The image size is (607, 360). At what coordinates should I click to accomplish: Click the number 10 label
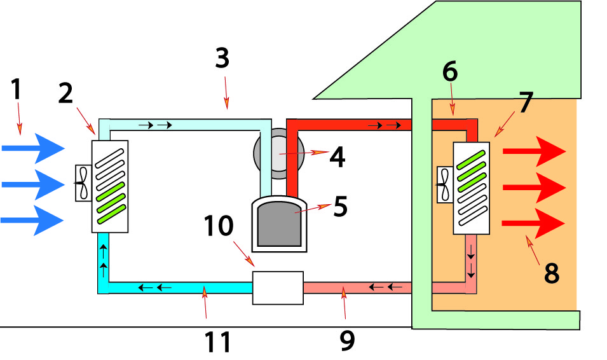click(219, 225)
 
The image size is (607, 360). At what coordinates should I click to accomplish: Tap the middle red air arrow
click(534, 188)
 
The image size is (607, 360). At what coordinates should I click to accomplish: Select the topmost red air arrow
click(534, 152)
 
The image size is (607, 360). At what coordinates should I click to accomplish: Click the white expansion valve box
click(278, 287)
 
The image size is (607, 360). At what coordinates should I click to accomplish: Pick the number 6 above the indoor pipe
click(449, 72)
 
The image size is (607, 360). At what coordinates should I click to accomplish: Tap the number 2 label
click(66, 93)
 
